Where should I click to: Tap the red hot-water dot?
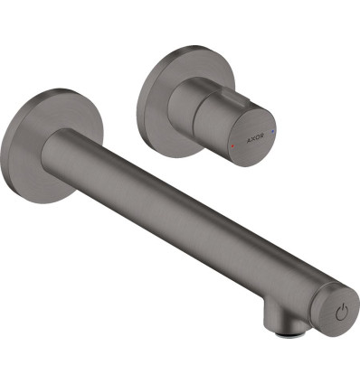232,145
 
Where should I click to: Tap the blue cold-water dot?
273,132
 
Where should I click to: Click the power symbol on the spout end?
342,313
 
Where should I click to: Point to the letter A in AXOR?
249,140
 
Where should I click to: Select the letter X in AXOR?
253,139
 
